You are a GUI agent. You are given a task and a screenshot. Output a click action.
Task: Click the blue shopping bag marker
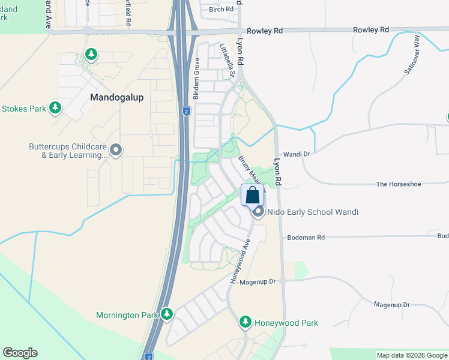[253, 195]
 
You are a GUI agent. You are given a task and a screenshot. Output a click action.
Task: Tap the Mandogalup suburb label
[117, 97]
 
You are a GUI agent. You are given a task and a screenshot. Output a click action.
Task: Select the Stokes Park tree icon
[55, 108]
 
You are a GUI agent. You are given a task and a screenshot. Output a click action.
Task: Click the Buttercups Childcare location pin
[116, 150]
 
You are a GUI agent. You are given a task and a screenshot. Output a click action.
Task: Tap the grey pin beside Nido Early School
[258, 212]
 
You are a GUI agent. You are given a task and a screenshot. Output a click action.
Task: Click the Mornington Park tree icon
[166, 314]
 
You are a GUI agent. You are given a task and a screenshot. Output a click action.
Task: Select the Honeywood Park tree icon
[245, 322]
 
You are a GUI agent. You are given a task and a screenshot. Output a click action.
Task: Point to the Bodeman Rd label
[306, 238]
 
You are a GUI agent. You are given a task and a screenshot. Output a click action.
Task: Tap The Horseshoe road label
[399, 184]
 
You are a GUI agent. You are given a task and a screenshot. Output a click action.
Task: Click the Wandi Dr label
[297, 154]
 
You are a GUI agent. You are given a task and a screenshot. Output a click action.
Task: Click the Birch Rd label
[221, 9]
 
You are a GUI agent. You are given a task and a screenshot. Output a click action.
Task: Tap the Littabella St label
[226, 60]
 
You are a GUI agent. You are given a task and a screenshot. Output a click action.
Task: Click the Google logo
[20, 353]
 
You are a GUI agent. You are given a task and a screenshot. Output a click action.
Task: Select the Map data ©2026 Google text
[411, 355]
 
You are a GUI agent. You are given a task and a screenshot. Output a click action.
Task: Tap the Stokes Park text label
[24, 109]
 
